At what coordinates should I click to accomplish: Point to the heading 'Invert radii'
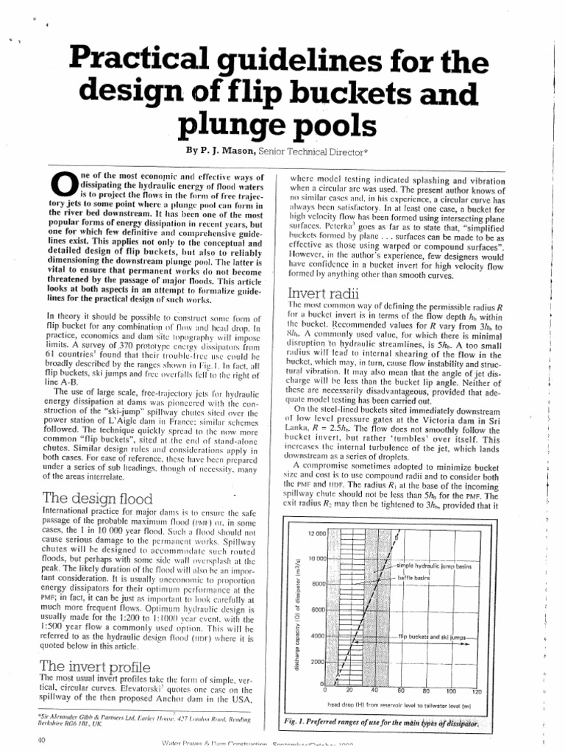(323, 294)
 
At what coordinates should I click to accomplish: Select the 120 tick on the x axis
(476, 692)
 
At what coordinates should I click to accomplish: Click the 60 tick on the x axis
(401, 692)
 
